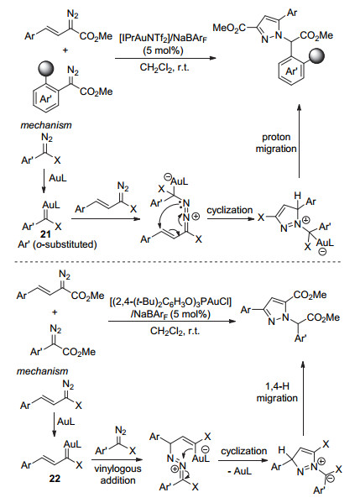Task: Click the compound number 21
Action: click(45, 235)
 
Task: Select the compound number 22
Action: click(55, 479)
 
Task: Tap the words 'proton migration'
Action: click(276, 143)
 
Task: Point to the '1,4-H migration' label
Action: click(277, 392)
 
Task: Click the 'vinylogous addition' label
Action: click(117, 474)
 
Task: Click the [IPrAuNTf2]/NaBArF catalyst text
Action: click(163, 38)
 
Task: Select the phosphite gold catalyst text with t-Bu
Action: click(170, 301)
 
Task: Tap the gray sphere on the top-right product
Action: click(316, 56)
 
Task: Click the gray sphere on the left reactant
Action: click(46, 70)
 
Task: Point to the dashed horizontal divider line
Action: click(177, 262)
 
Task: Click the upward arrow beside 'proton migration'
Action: click(299, 140)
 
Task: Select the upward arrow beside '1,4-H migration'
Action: click(303, 397)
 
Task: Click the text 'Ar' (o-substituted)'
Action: click(57, 244)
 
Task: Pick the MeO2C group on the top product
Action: click(229, 29)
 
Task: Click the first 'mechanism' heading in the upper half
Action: click(46, 125)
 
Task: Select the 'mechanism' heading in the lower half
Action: click(42, 371)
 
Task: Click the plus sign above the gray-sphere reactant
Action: click(65, 50)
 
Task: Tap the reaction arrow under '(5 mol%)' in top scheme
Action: click(165, 59)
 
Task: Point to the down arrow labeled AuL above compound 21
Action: click(43, 181)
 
